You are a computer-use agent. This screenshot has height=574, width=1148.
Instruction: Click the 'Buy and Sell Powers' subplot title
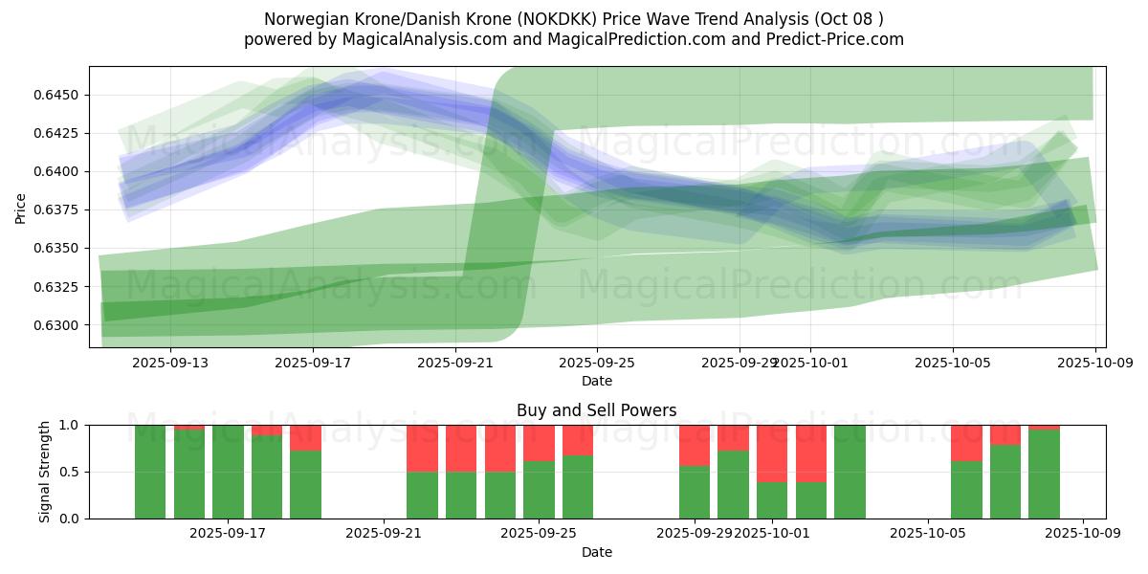click(x=596, y=410)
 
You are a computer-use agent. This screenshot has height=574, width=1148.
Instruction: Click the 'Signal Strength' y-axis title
click(x=45, y=472)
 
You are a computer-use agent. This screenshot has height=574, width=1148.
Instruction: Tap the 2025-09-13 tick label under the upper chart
click(x=169, y=363)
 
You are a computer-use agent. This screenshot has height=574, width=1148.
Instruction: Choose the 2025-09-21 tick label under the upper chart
click(x=454, y=363)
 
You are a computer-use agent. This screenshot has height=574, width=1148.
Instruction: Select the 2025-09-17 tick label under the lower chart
click(x=228, y=534)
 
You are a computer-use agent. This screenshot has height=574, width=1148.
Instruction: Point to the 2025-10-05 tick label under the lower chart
click(x=928, y=534)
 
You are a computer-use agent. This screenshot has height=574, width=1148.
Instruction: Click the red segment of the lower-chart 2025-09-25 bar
click(x=539, y=443)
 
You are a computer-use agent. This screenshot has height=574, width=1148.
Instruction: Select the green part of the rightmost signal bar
click(x=1044, y=474)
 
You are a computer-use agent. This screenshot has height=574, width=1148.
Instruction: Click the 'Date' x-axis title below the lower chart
click(x=596, y=552)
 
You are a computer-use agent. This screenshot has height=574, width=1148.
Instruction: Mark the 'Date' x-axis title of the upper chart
click(x=596, y=381)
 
